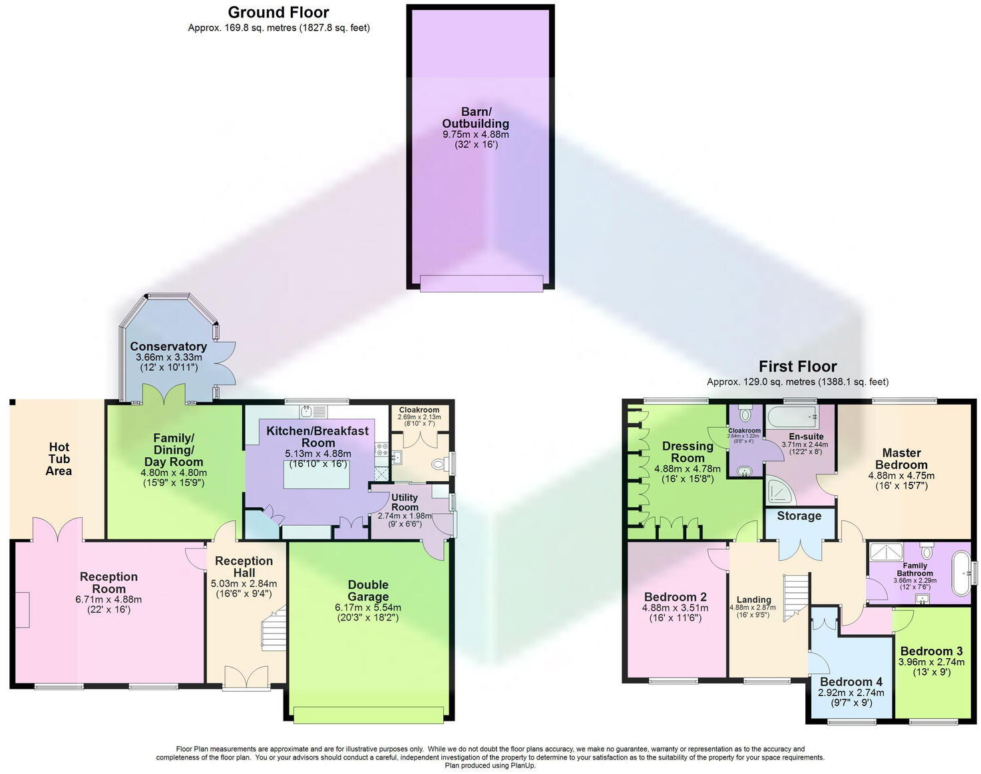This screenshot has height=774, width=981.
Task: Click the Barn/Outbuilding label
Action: [475, 118]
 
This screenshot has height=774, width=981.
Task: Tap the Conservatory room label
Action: [168, 346]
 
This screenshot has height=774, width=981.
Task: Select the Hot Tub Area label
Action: [59, 459]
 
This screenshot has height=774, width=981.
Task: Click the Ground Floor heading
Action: [278, 12]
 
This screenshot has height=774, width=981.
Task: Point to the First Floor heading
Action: [797, 366]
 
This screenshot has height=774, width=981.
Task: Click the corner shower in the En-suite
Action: [779, 490]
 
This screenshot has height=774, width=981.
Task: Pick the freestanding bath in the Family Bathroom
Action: [960, 573]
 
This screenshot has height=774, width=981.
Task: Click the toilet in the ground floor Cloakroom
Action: [440, 464]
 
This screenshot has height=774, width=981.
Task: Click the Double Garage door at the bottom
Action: [368, 714]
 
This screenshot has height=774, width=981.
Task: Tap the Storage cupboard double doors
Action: [800, 548]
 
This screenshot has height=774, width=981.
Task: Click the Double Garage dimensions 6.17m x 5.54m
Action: [368, 608]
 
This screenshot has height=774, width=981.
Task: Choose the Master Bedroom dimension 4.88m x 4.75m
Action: [901, 476]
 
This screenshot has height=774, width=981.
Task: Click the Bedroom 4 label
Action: [851, 681]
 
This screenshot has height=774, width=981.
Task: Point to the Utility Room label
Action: [405, 502]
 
